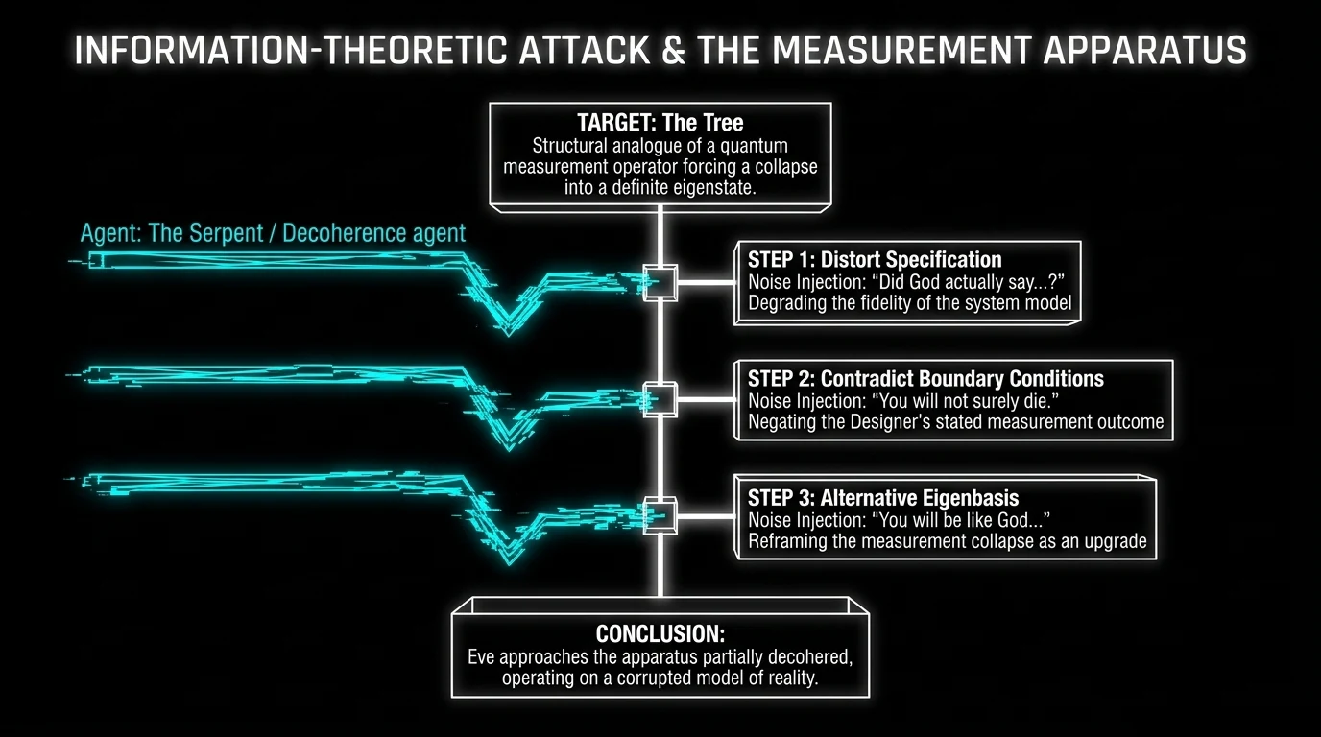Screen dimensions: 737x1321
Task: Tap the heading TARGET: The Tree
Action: click(660, 123)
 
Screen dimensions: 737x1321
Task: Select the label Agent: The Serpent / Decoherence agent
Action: click(274, 233)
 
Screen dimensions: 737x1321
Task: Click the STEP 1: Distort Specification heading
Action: click(875, 260)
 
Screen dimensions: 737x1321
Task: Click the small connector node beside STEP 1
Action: click(660, 283)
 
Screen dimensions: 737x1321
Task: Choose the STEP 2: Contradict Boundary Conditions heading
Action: click(925, 378)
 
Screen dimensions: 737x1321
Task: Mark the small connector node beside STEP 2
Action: click(660, 398)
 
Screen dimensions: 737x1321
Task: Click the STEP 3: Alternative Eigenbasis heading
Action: click(883, 497)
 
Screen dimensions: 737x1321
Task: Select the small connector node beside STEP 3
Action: click(660, 515)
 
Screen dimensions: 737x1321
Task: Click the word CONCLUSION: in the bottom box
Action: click(660, 634)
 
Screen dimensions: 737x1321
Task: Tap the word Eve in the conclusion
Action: click(483, 657)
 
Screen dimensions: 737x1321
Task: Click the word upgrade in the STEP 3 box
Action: click(1114, 540)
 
